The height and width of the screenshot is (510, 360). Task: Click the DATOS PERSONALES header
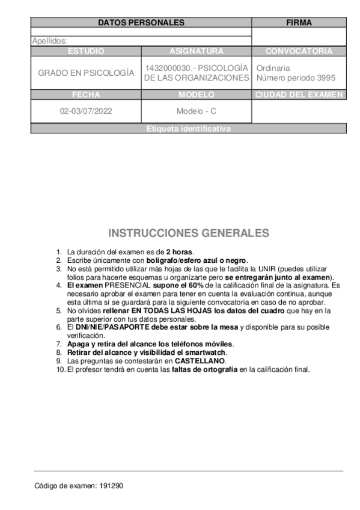(141, 23)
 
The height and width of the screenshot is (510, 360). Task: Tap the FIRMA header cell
(299, 23)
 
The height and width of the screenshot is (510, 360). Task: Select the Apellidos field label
(49, 41)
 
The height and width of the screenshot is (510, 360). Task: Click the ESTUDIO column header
(86, 51)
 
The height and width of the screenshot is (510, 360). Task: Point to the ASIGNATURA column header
(197, 51)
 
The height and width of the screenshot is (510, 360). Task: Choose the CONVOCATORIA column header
(299, 51)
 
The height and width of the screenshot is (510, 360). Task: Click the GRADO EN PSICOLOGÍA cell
(86, 73)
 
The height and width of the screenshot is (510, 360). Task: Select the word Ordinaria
(273, 68)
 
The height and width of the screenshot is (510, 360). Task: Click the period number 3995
(325, 78)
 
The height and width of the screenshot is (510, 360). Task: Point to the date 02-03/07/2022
(86, 111)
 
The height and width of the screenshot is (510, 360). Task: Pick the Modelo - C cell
(197, 111)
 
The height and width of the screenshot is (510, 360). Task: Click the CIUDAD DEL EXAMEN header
(299, 94)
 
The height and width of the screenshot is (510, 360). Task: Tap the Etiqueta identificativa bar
(188, 129)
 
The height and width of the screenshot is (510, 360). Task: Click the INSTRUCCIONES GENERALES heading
(189, 233)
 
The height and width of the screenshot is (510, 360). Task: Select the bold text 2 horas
(180, 252)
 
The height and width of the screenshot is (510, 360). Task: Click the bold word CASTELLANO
(200, 361)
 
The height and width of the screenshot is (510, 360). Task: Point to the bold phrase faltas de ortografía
(204, 369)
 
